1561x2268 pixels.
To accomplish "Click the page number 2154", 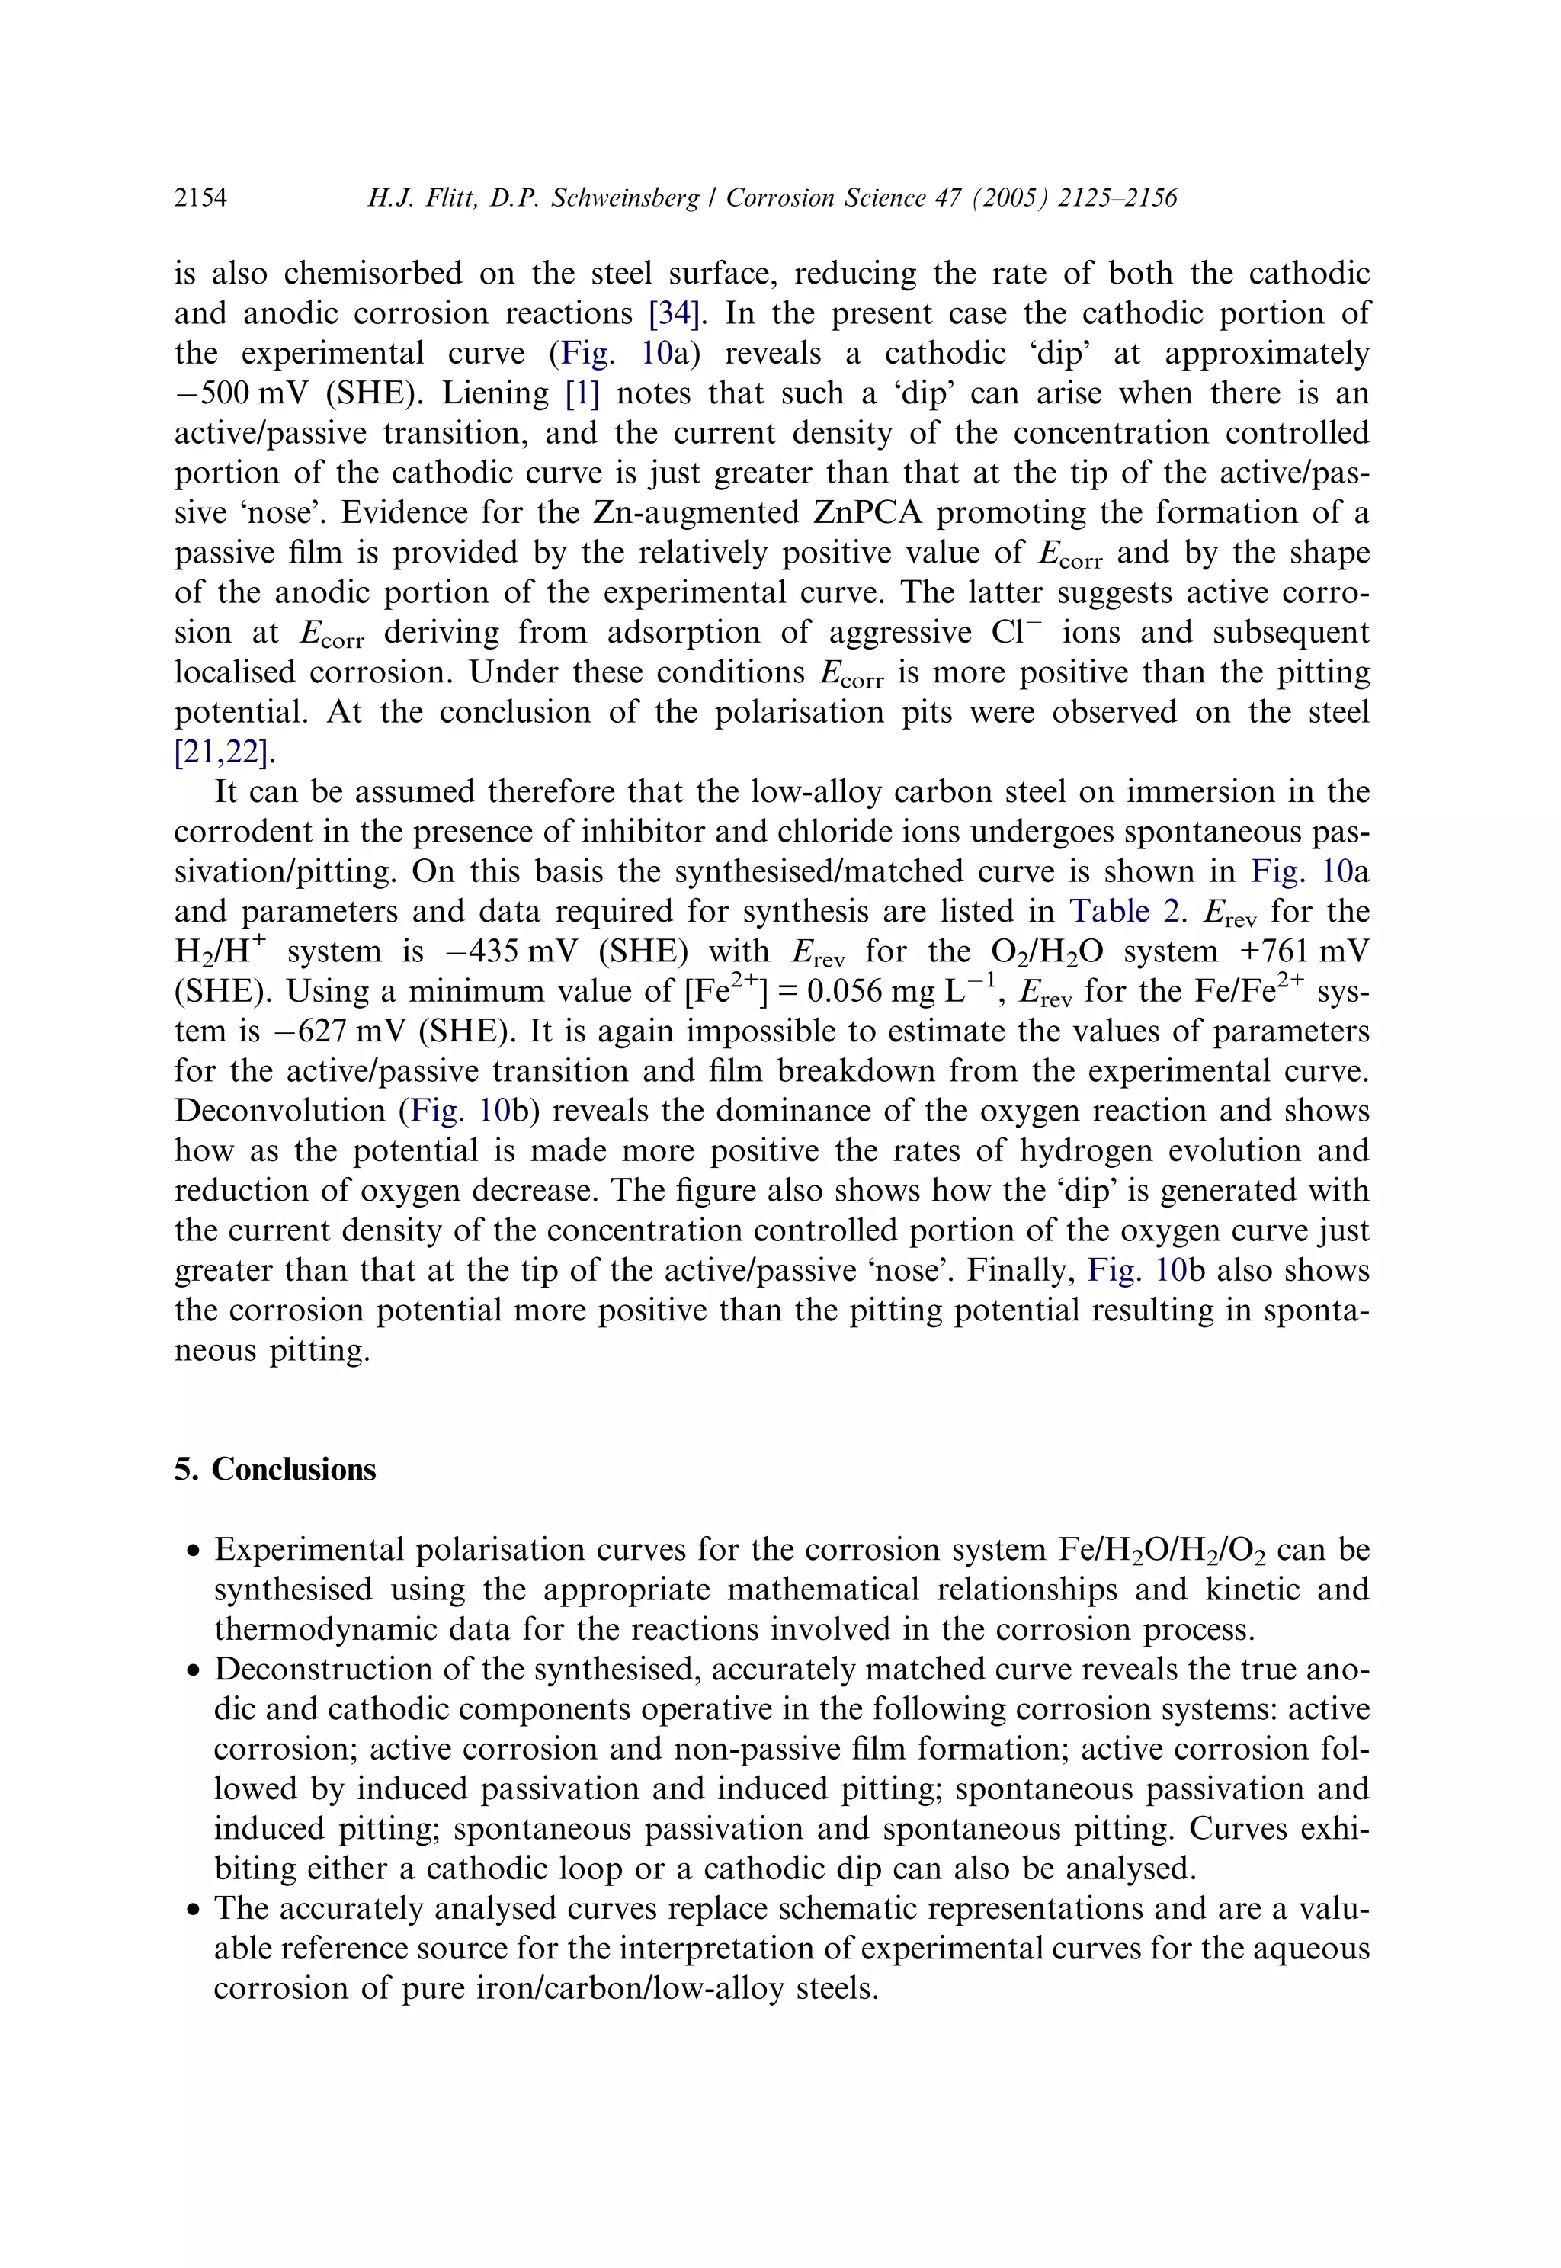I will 200,198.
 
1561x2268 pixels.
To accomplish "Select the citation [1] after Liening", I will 582,394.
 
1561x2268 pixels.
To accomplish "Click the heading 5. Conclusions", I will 275,1470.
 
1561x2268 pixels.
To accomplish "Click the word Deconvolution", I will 280,1111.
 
